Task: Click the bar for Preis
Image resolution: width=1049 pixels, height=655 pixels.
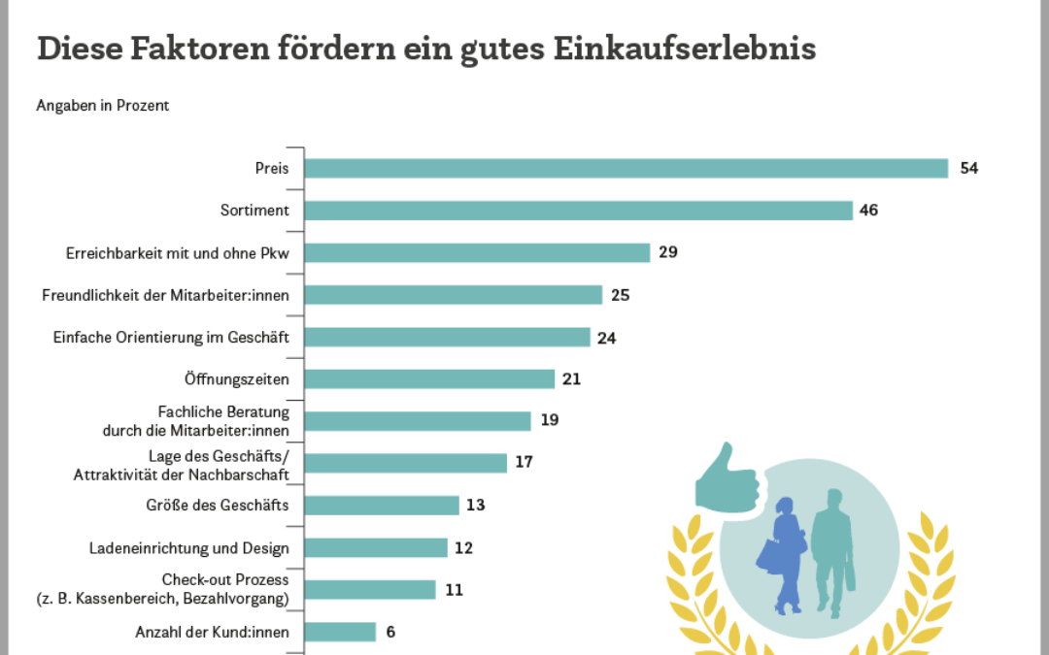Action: point(626,168)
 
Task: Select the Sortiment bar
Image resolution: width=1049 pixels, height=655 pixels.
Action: point(578,211)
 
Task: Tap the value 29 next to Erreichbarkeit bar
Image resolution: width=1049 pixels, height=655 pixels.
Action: point(667,252)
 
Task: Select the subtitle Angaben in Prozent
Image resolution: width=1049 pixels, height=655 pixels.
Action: point(103,106)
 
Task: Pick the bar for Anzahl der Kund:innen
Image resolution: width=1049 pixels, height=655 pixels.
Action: point(340,632)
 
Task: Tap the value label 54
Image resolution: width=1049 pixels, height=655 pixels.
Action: point(968,168)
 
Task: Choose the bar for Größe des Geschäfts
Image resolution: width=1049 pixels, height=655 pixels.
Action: point(382,505)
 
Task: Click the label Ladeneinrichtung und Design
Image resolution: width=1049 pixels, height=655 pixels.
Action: point(188,548)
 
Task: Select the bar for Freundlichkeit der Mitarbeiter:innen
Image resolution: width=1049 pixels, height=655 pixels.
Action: point(454,295)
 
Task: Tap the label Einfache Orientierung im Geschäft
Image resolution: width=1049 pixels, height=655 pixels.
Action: point(171,337)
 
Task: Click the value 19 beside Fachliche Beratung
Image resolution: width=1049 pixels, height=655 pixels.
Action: point(551,420)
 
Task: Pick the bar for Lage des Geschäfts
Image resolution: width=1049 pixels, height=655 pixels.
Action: point(406,463)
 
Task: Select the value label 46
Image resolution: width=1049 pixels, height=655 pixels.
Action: point(868,211)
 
